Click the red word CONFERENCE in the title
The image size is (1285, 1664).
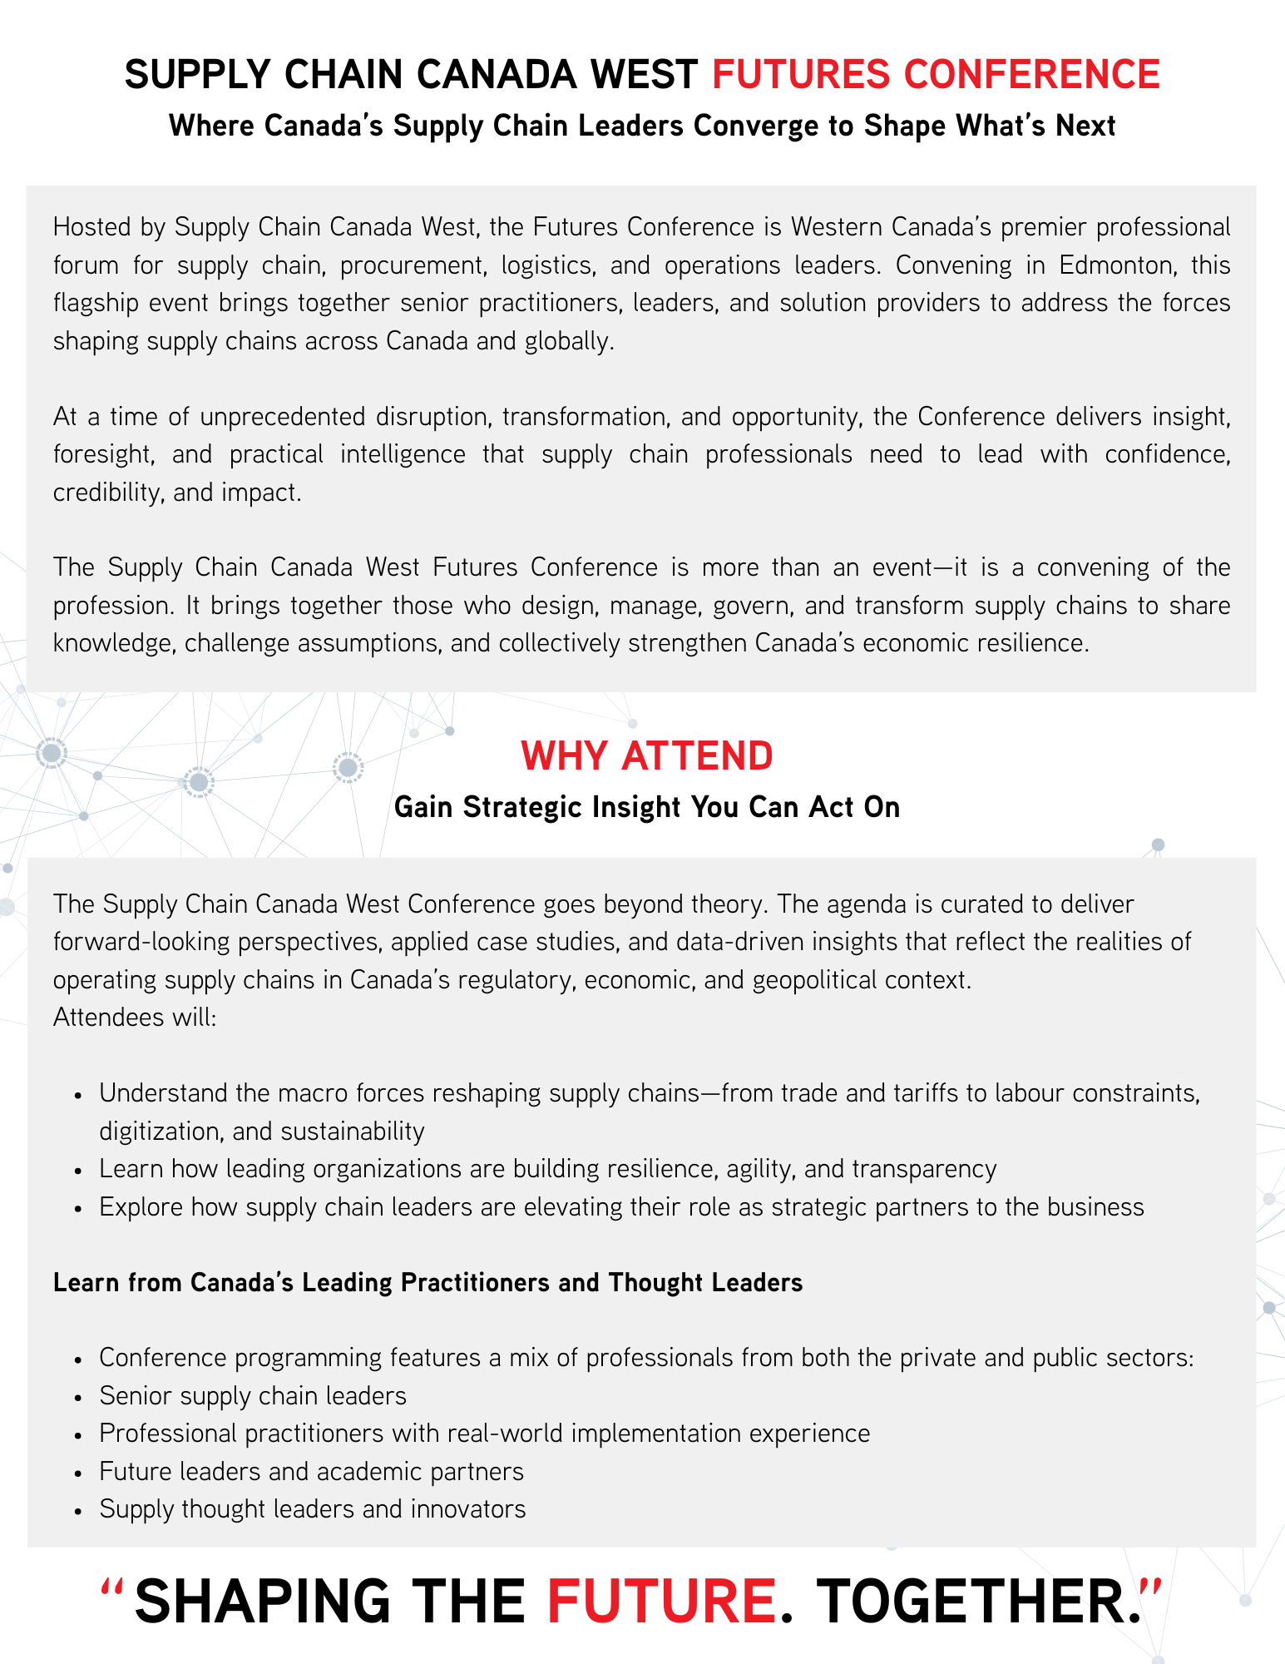tap(1031, 74)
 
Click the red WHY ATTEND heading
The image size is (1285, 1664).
tap(647, 755)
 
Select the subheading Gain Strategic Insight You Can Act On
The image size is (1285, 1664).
tap(647, 807)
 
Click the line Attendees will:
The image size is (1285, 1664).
tap(135, 1017)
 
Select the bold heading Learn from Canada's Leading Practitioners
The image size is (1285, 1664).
tap(428, 1282)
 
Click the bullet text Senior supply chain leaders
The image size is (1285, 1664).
tap(253, 1395)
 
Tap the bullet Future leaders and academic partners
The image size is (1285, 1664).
tap(311, 1471)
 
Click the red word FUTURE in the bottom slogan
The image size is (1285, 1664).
tap(661, 1601)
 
